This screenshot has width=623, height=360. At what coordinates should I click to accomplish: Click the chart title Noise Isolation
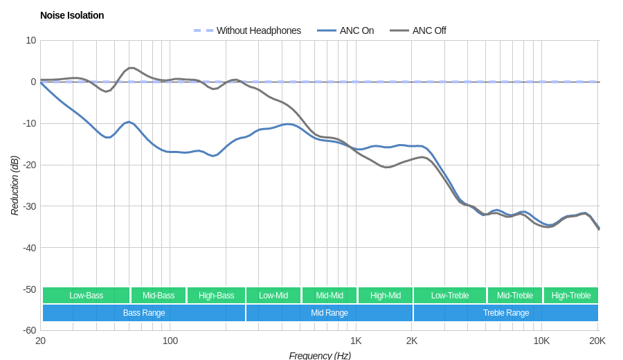(x=72, y=15)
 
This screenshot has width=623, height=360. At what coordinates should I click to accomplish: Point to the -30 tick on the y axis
(x=28, y=206)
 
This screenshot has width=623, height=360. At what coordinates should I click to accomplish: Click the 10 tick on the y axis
(x=31, y=40)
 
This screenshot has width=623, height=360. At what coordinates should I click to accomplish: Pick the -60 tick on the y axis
(x=28, y=330)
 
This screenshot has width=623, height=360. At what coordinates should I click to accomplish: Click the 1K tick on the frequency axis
(x=356, y=341)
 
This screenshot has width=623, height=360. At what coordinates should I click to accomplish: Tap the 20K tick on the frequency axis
(x=597, y=341)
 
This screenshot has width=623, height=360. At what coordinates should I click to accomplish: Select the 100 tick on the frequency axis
(x=170, y=341)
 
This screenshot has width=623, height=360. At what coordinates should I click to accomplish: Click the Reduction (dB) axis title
(x=15, y=186)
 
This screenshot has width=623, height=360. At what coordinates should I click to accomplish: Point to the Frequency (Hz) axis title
(x=320, y=355)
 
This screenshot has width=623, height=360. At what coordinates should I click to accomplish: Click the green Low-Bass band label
(x=86, y=296)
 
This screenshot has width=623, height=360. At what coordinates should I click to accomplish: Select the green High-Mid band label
(x=386, y=296)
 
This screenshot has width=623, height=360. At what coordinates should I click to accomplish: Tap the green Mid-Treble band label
(x=515, y=296)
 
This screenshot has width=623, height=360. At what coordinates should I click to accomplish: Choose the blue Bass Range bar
(x=144, y=313)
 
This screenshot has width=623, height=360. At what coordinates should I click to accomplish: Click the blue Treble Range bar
(x=506, y=313)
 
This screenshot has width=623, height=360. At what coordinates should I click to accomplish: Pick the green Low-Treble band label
(x=450, y=296)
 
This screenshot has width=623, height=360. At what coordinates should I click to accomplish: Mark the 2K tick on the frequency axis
(x=412, y=341)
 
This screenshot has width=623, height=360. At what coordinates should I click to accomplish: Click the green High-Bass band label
(x=217, y=296)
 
